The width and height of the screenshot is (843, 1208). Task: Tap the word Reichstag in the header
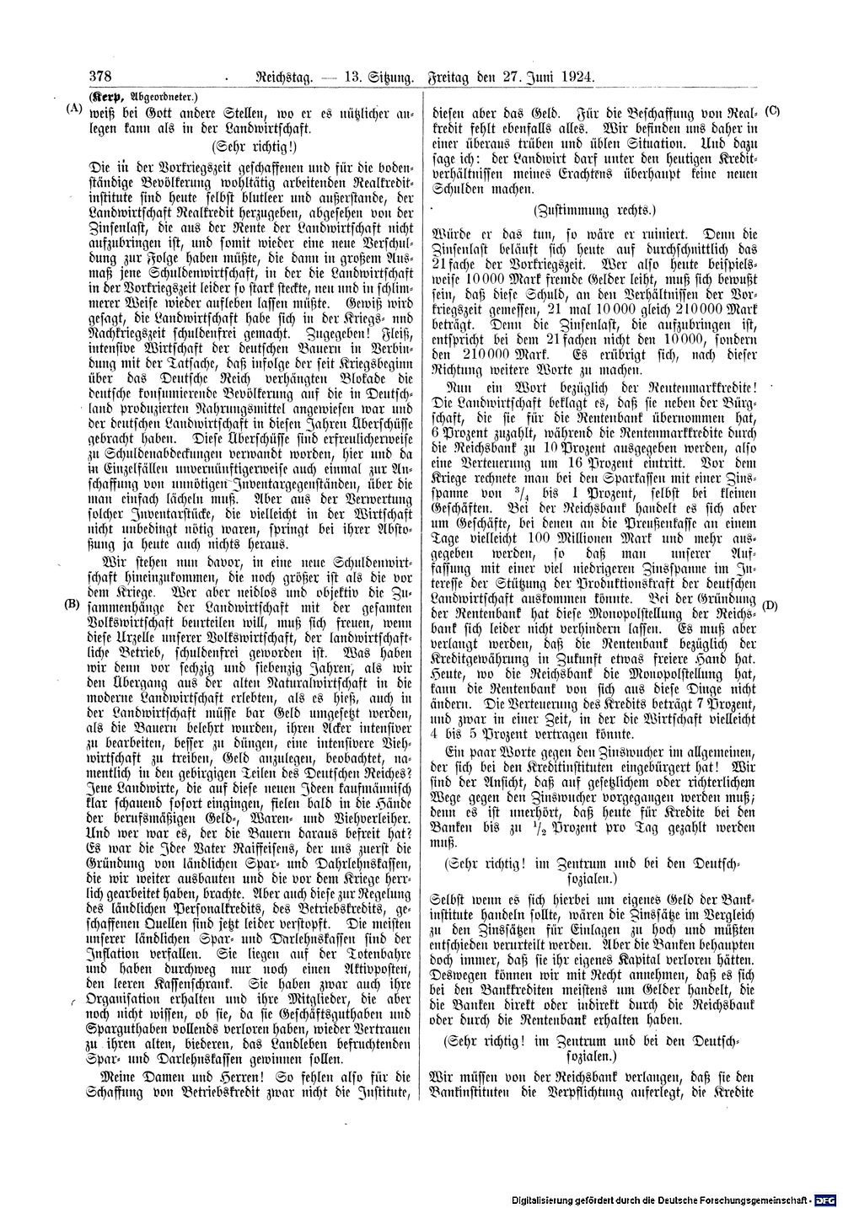[282, 78]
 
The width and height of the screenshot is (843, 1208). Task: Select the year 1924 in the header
[576, 78]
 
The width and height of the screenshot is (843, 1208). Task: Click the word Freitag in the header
[455, 78]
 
